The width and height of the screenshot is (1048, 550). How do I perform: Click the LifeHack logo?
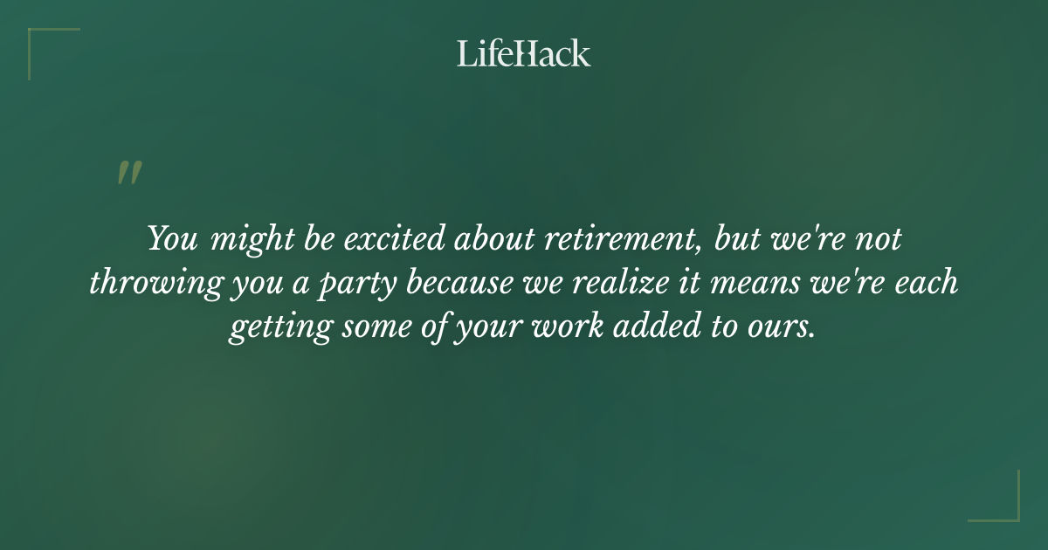(524, 53)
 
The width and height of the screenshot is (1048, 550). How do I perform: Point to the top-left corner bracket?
(44, 44)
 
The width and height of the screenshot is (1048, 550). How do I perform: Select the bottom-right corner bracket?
(1004, 506)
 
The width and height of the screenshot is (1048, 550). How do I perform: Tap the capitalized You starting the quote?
(172, 239)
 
